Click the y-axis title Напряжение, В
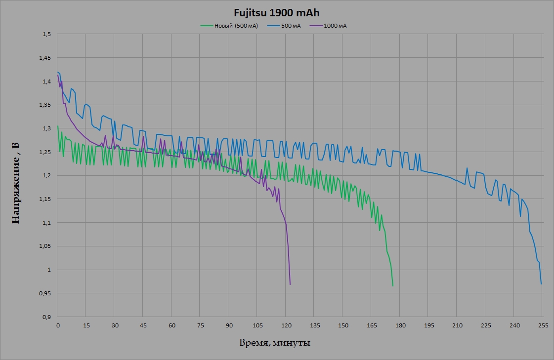click(15, 182)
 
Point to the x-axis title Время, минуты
click(275, 343)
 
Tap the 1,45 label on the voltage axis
click(45, 58)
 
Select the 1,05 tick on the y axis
click(45, 246)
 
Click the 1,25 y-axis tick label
click(45, 152)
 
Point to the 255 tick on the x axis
click(543, 325)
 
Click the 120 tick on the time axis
click(286, 325)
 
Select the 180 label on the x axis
click(400, 325)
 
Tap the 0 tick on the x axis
click(58, 325)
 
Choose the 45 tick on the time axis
click(143, 325)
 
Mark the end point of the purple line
click(290, 284)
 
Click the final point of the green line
click(393, 286)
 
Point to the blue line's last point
click(542, 284)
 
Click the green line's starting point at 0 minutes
click(58, 126)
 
